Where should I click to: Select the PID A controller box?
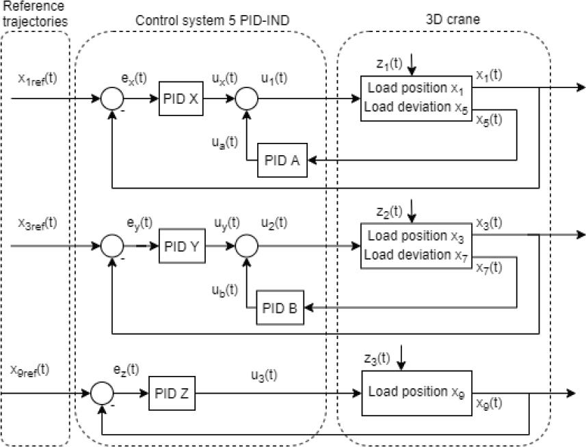pyautogui.click(x=282, y=161)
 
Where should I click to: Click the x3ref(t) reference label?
pyautogui.click(x=38, y=223)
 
